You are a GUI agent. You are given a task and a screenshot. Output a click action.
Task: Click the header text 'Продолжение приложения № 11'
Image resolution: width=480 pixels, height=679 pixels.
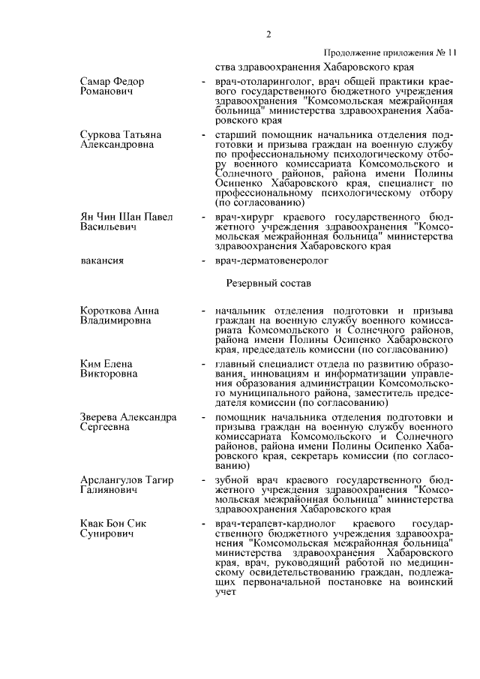click(389, 53)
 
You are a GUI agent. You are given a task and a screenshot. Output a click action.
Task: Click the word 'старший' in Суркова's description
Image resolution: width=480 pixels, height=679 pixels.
click(234, 134)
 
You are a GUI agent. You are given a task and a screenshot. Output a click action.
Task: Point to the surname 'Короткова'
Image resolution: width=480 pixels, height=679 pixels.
click(106, 311)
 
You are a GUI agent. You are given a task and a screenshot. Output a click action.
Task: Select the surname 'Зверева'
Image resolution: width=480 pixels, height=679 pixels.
click(103, 416)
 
